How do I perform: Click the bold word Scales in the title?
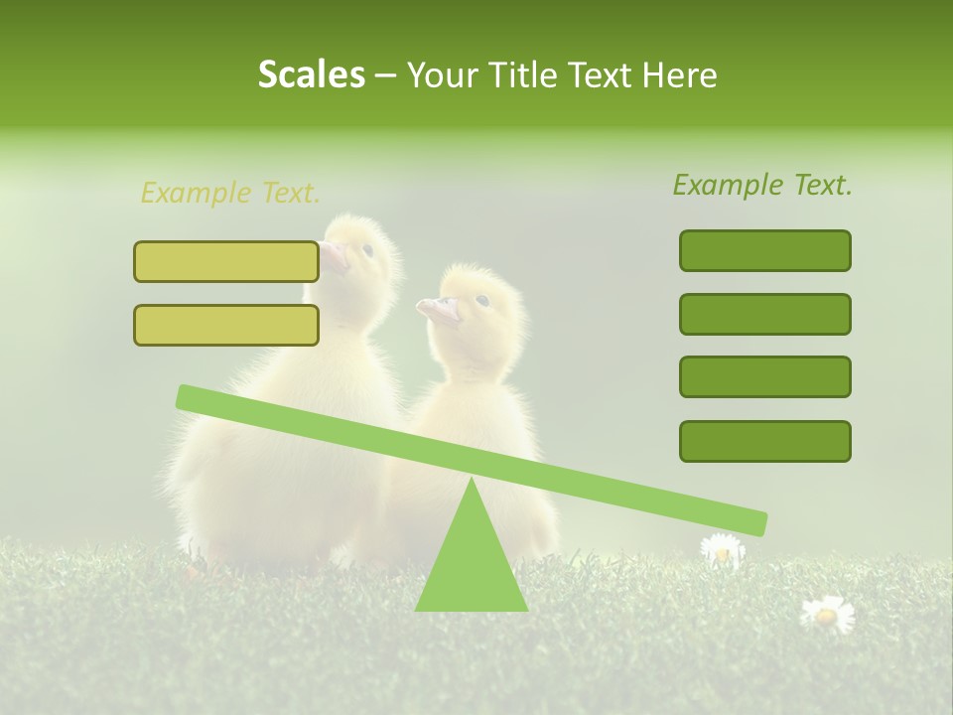coord(311,74)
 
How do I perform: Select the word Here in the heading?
coord(681,74)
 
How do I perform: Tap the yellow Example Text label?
coord(230,193)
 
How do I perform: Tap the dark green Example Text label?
coord(762,185)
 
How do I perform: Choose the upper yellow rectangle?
coord(226,261)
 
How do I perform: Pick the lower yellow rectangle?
coord(226,325)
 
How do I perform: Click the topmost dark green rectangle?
coord(764,250)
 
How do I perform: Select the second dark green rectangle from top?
coord(764,314)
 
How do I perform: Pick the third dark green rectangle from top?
coord(764,377)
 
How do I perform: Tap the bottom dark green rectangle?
coord(764,441)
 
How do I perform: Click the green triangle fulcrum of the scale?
coord(471,556)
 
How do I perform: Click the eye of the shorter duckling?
coord(482,300)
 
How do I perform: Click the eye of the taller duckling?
coord(367,250)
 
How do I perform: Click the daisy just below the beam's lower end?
coord(722,550)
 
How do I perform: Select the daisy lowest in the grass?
coord(826,614)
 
